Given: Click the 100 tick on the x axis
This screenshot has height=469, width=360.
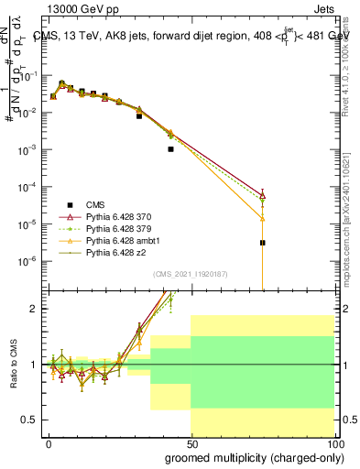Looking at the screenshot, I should coord(333,443).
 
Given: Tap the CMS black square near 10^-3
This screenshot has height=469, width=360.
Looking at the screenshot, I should coord(170,148).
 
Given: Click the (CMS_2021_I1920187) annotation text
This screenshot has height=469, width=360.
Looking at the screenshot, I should coord(191,274).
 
